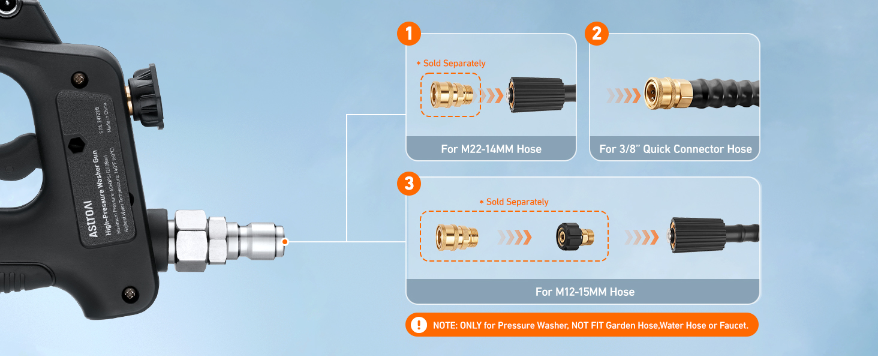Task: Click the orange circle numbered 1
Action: [x=409, y=34]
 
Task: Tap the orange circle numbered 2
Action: [x=596, y=34]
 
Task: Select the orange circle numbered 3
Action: [x=409, y=184]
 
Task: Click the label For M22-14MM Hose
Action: [x=491, y=149]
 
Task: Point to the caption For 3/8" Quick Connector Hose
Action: [x=675, y=149]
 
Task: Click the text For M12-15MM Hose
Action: [x=585, y=292]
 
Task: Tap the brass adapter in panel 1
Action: [x=452, y=94]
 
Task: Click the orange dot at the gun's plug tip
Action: [x=285, y=242]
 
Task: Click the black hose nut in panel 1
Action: [x=536, y=95]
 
